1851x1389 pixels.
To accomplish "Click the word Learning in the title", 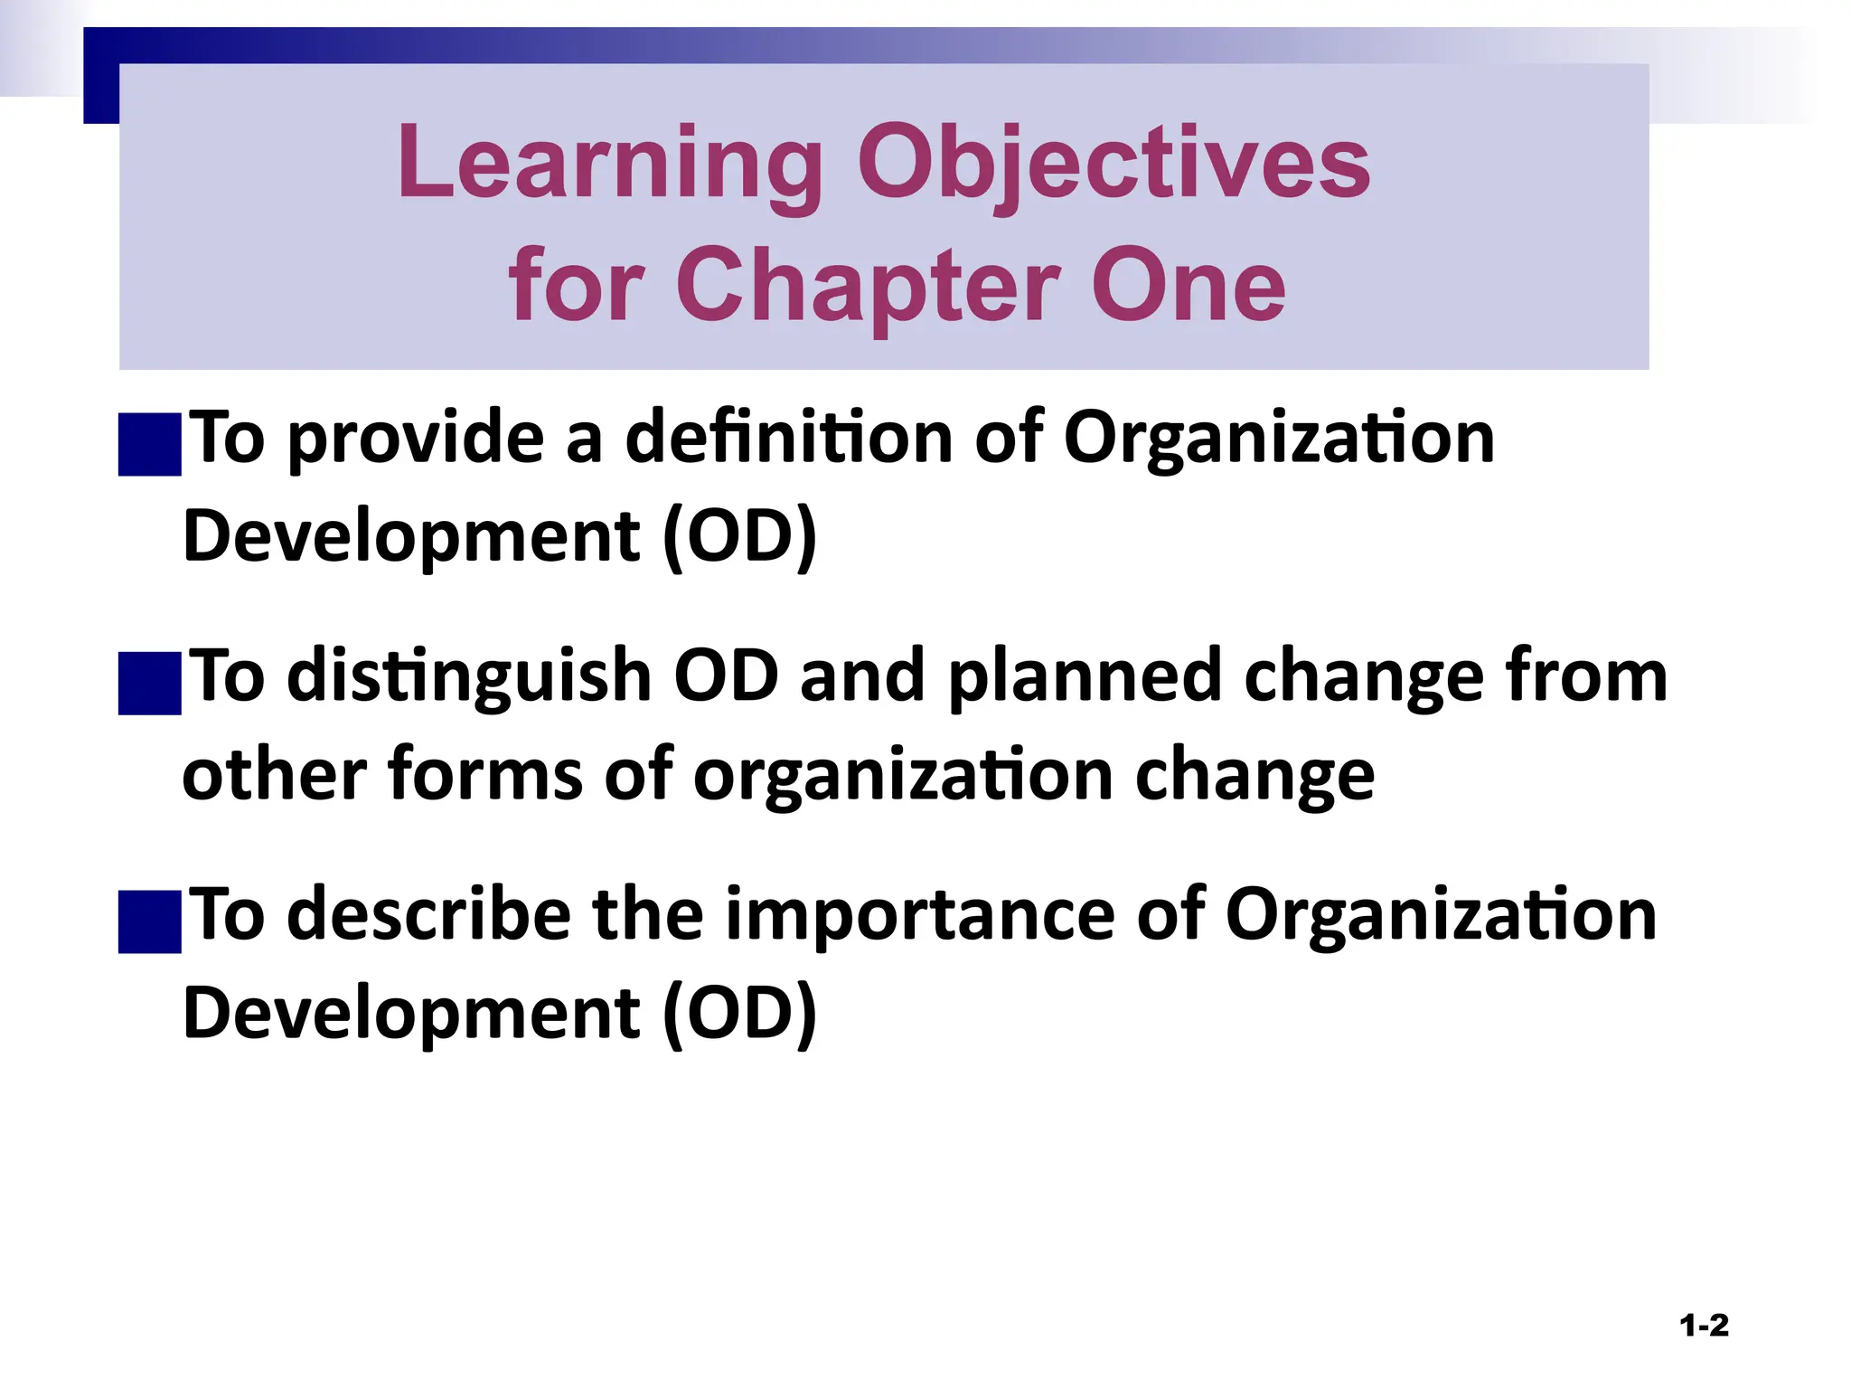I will [609, 165].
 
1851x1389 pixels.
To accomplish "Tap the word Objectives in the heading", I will [1113, 165].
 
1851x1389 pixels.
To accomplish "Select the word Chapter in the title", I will [868, 286].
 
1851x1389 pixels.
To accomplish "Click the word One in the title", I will [1188, 286].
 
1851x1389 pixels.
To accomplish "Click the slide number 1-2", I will [1704, 1326].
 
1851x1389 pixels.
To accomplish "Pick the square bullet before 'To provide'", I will [150, 444].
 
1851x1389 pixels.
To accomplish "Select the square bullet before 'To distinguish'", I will [150, 684].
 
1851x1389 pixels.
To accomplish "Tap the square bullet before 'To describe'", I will [150, 921].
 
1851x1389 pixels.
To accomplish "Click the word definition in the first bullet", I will [789, 438].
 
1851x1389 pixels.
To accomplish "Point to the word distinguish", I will [469, 676].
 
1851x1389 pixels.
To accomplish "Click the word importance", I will [920, 915].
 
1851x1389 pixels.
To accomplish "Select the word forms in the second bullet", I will [485, 775].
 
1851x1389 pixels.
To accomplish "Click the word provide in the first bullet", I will [416, 438].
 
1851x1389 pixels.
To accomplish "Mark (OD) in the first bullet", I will [739, 536].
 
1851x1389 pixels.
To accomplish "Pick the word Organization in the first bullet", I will [1278, 438].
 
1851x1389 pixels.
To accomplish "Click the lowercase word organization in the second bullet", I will [903, 775].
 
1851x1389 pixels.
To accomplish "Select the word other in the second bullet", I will [273, 775].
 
